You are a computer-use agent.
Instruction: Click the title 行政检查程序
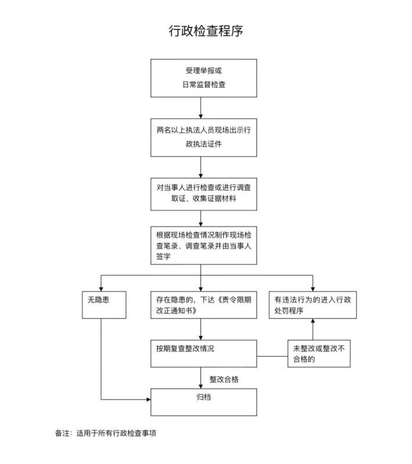point(206,30)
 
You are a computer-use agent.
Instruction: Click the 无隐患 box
point(103,303)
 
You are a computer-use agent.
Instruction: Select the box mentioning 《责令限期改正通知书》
point(204,303)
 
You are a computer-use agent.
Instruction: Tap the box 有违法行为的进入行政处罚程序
point(313,303)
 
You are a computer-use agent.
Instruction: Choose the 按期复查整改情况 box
point(204,353)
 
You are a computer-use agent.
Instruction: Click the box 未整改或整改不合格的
point(319,353)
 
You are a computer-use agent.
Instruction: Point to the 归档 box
point(204,402)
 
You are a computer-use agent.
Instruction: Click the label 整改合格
point(225,379)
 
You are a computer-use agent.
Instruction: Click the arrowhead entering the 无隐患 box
point(102,286)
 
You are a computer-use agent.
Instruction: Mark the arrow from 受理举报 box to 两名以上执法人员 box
point(201,107)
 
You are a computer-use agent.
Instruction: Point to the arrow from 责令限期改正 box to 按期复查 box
point(201,329)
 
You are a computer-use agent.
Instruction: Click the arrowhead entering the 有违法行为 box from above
point(313,286)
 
